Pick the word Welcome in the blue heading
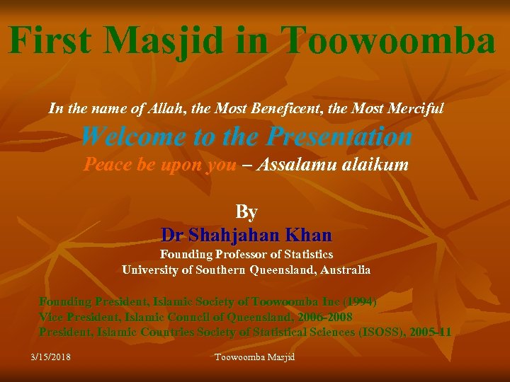click(134, 136)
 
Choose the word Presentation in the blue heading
click(334, 136)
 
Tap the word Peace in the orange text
click(106, 164)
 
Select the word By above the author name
click(246, 212)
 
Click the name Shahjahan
click(234, 234)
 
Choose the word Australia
click(339, 270)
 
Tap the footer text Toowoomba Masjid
click(254, 357)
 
